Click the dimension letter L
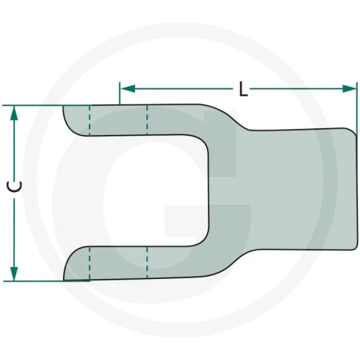[x=243, y=88]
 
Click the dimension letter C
[x=14, y=187]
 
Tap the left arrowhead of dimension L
[x=128, y=88]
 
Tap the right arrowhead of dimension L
[x=349, y=88]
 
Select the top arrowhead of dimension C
[x=14, y=113]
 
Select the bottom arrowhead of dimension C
[x=14, y=274]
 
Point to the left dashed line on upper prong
[x=90, y=121]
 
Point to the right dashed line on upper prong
[x=147, y=120]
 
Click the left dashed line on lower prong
[x=90, y=263]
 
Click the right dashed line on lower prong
[x=147, y=262]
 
